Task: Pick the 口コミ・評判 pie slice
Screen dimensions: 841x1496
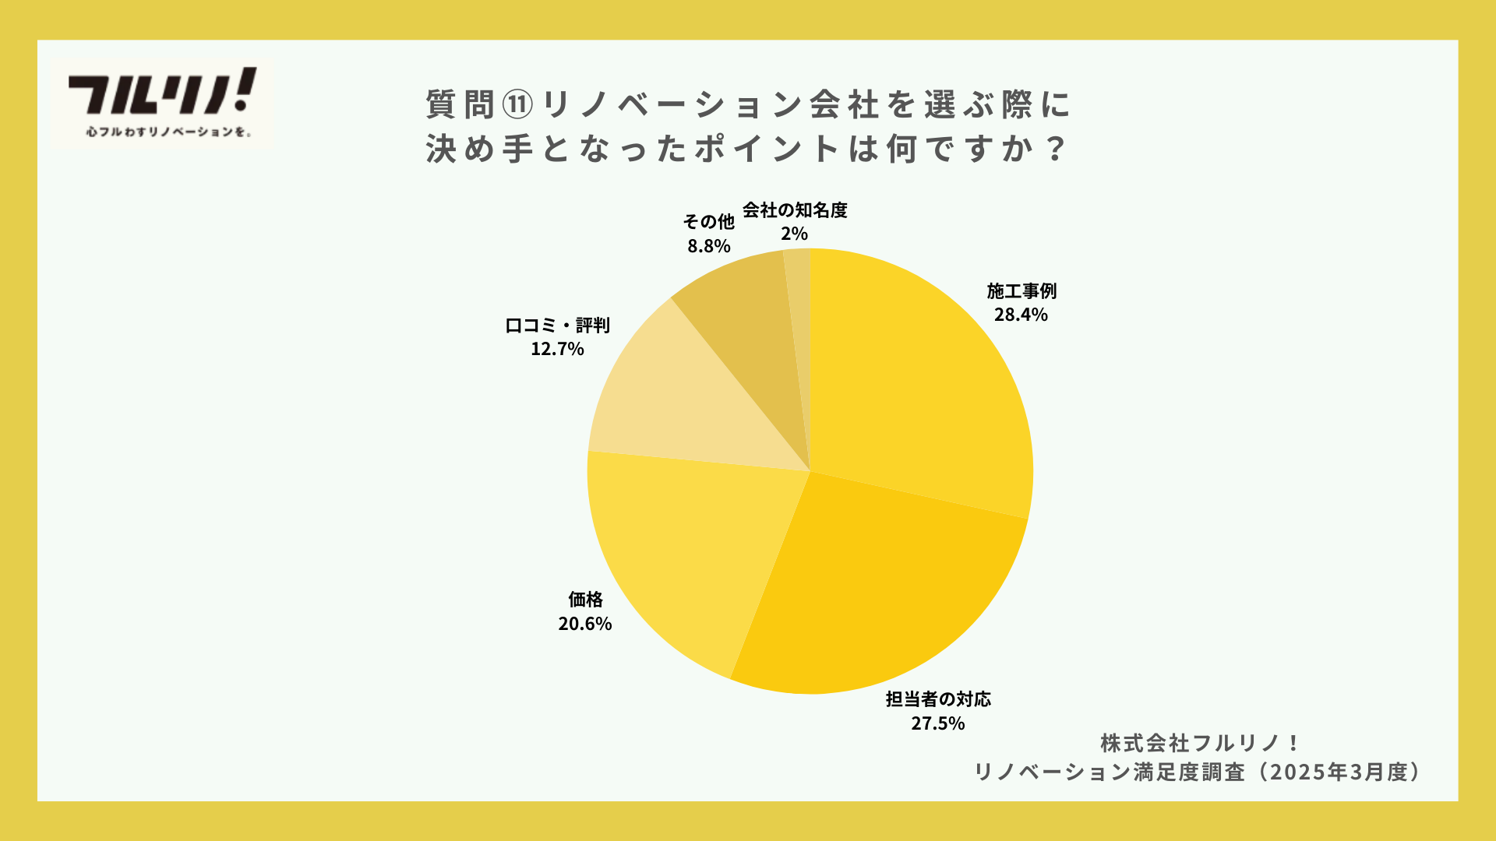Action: [x=678, y=397]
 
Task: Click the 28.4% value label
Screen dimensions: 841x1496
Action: [x=1021, y=315]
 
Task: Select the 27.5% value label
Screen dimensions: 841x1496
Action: [x=938, y=723]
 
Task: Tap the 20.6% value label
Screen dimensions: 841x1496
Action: [x=585, y=624]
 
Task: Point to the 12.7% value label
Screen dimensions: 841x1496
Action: [x=557, y=349]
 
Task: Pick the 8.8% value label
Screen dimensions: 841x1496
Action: [x=709, y=246]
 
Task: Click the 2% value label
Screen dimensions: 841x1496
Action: [x=795, y=234]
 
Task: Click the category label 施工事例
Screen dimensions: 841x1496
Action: [x=1021, y=291]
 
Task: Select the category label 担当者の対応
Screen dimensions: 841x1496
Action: [x=938, y=699]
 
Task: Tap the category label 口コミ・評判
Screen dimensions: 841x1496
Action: [x=557, y=325]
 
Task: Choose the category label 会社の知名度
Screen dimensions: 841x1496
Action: [x=795, y=210]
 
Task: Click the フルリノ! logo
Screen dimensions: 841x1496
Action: [x=162, y=101]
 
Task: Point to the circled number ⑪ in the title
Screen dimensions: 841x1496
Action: [x=517, y=104]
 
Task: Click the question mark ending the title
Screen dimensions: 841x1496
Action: [x=1057, y=148]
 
